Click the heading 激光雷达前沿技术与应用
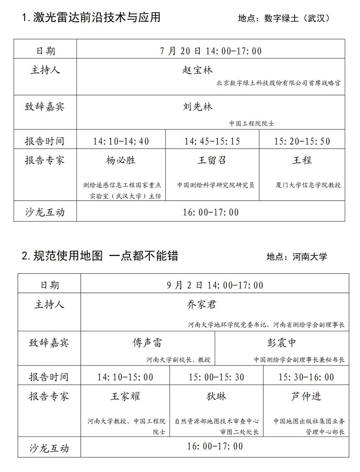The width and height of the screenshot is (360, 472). (96, 18)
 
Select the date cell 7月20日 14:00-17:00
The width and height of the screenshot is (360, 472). (211, 51)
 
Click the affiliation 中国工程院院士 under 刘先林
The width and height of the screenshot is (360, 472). (252, 123)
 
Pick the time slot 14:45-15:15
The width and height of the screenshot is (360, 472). (212, 142)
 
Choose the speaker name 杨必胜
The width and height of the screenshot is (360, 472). (121, 160)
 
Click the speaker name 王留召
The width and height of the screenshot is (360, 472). (211, 160)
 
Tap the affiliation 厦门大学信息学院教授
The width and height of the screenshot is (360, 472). (308, 185)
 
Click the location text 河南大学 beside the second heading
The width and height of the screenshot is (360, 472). (309, 257)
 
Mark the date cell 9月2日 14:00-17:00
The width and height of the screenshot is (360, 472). (215, 285)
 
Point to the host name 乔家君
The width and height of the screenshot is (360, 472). (201, 304)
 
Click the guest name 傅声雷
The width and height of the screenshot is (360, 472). (147, 343)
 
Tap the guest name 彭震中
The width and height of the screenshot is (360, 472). (282, 343)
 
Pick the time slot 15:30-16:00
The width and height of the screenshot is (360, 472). (306, 377)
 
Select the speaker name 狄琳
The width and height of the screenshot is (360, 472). (216, 396)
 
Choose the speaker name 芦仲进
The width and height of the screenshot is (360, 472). (306, 396)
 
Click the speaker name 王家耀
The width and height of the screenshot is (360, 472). (126, 396)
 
